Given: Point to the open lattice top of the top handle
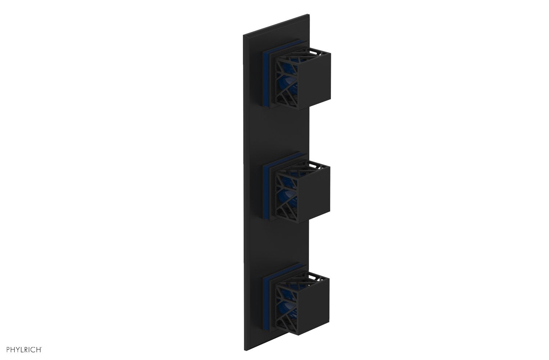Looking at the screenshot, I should click(314, 53).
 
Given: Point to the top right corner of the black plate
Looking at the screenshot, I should click(309, 15).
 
